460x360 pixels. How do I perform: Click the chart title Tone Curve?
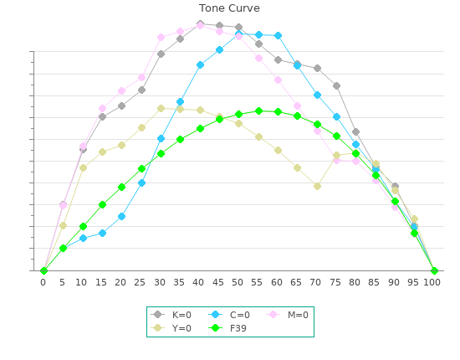coord(229,8)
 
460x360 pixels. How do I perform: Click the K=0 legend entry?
coord(171,315)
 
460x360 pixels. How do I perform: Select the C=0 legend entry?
coord(229,315)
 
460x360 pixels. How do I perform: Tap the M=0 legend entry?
coord(287,315)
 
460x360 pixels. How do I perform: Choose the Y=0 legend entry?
coord(171,328)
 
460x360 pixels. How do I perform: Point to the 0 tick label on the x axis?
coord(43,282)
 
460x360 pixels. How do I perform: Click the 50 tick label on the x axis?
coord(237,282)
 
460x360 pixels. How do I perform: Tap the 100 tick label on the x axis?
coord(432,282)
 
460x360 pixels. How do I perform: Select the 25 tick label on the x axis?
coord(140,282)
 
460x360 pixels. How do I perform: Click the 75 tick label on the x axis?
coord(335,282)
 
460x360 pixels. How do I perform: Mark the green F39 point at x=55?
coord(258,111)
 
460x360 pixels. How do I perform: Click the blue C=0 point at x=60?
coord(279,36)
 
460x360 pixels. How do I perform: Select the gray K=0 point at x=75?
coord(336,86)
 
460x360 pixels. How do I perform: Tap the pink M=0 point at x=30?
coord(161,38)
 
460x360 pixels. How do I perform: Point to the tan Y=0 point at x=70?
coord(317,186)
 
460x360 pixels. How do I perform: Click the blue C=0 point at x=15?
coord(102,233)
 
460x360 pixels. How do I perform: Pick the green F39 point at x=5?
coord(63,249)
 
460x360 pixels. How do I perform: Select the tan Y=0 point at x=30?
coord(161,108)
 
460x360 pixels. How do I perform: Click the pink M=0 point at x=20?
coord(122,91)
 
